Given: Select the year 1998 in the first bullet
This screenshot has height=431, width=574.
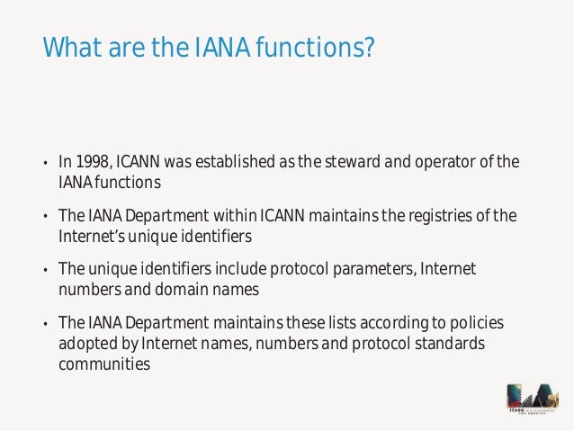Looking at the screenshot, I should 93,163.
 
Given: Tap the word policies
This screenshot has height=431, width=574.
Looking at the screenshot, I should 477,322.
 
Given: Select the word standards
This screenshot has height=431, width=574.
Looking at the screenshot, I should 447,343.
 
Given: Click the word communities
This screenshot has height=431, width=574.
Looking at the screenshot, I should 104,364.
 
